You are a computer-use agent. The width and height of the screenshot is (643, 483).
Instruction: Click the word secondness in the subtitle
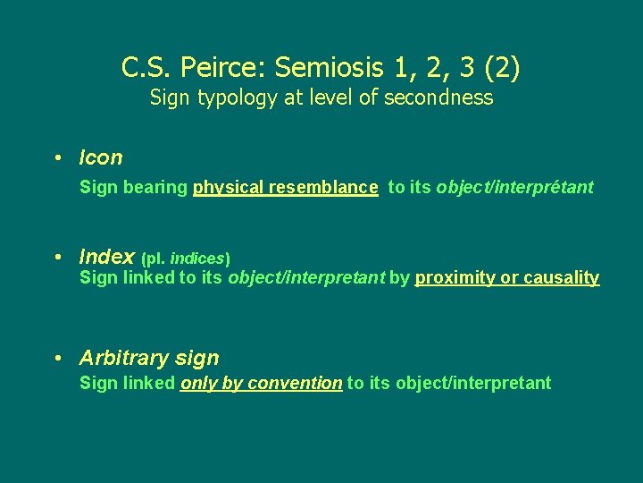click(438, 97)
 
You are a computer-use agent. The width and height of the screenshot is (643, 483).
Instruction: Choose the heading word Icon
click(101, 158)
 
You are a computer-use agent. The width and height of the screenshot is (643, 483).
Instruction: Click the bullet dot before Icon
click(57, 158)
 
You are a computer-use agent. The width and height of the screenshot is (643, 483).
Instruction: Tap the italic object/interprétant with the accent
click(514, 188)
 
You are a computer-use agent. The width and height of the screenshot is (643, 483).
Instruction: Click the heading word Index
click(106, 257)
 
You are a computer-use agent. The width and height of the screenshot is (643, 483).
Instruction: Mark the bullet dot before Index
click(57, 257)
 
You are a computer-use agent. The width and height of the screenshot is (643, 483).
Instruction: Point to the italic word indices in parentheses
click(197, 258)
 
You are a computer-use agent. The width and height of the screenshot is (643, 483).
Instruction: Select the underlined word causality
click(561, 277)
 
